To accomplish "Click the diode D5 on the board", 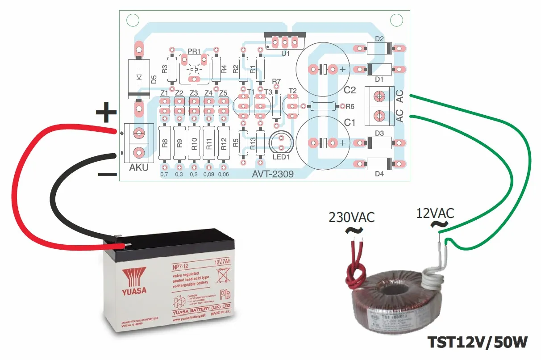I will [139, 78].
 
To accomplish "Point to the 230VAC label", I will [352, 218].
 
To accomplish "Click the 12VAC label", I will [435, 213].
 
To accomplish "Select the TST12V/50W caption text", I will [478, 343].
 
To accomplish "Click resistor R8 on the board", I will [165, 143].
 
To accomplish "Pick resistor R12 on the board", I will [223, 143].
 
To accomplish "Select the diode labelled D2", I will [379, 48].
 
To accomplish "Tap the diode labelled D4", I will [379, 164].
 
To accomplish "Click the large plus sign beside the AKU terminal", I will [106, 112].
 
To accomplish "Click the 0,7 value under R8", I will [165, 174].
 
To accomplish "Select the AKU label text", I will [139, 168].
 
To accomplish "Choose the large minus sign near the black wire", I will [107, 175].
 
